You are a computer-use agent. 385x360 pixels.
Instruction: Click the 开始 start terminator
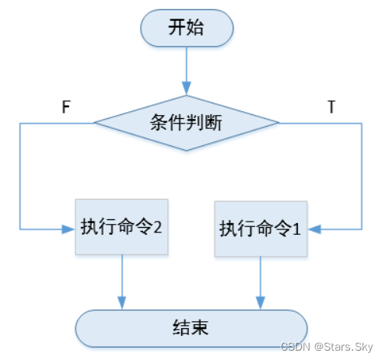(x=187, y=28)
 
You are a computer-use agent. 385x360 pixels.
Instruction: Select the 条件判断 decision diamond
(x=187, y=123)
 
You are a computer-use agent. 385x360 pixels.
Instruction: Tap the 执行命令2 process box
(x=121, y=227)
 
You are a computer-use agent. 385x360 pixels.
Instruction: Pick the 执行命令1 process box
(x=261, y=229)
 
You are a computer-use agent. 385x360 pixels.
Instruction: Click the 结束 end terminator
(x=191, y=328)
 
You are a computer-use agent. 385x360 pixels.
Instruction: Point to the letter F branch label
(x=66, y=107)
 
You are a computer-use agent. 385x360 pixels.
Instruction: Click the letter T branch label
(x=331, y=107)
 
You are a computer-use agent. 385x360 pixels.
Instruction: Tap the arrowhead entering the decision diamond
(x=187, y=88)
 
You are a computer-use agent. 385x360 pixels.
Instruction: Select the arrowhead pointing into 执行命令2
(x=68, y=229)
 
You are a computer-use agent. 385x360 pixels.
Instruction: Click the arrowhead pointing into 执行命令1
(x=314, y=229)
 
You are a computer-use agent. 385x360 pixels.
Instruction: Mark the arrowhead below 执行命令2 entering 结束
(x=122, y=302)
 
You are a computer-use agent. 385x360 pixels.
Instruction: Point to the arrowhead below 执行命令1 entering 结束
(x=261, y=302)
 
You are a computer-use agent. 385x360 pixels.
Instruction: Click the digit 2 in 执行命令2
(x=158, y=227)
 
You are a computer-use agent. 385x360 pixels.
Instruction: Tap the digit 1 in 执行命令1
(x=296, y=229)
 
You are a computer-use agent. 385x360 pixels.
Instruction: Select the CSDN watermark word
(x=296, y=347)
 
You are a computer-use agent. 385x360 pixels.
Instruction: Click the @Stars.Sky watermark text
(x=344, y=347)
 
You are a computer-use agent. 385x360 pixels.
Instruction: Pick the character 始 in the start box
(x=195, y=27)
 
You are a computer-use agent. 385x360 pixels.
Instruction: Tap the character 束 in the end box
(x=200, y=327)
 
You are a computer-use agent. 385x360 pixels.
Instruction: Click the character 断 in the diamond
(x=213, y=122)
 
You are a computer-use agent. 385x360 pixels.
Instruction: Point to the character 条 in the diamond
(x=159, y=122)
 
